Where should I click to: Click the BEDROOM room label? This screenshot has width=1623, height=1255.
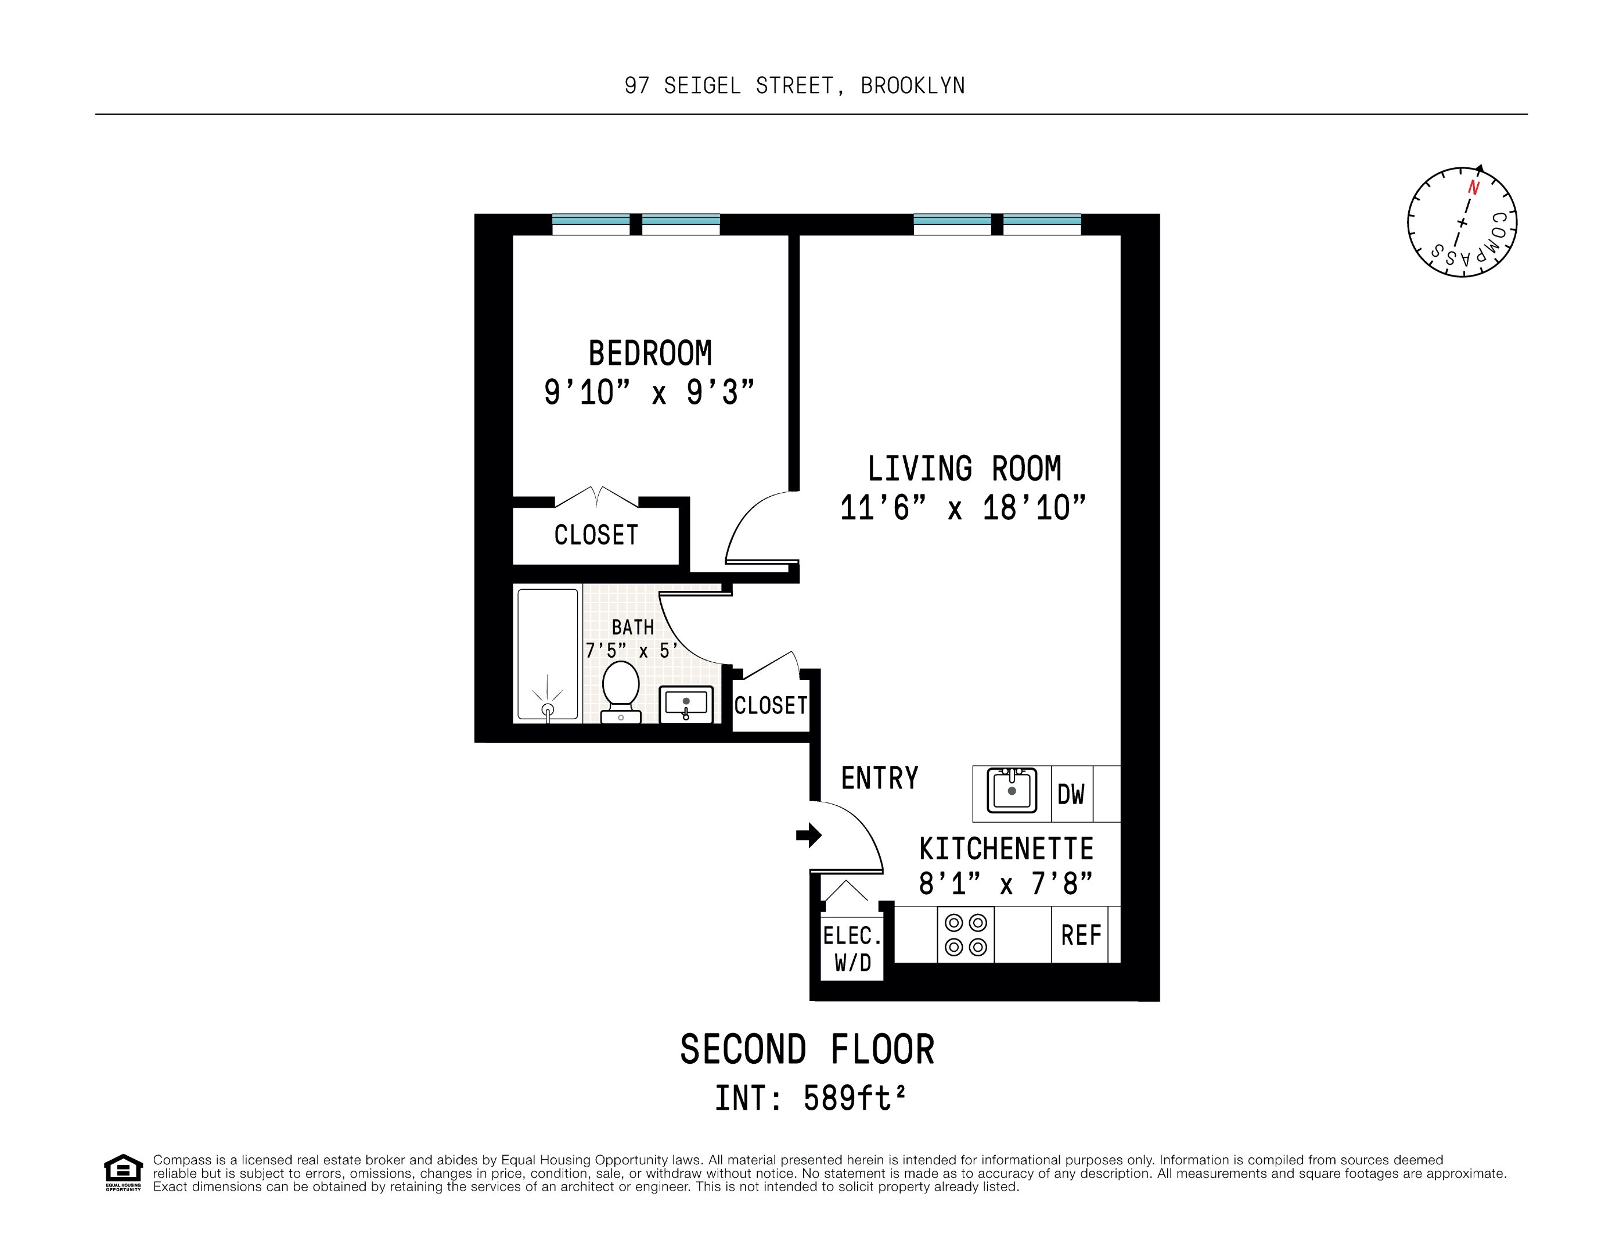(x=650, y=353)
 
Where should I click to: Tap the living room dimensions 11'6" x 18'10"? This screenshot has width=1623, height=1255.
(x=962, y=508)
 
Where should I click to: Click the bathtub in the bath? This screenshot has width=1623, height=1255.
(x=548, y=654)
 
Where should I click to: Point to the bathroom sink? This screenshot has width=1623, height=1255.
(x=686, y=704)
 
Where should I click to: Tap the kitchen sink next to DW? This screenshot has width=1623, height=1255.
(x=1012, y=790)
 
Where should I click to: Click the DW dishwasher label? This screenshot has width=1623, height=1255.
(x=1071, y=794)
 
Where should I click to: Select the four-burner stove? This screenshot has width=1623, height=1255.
(x=965, y=934)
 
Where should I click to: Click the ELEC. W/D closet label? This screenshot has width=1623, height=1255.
(x=852, y=949)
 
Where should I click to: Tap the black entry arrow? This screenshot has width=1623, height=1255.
(x=808, y=835)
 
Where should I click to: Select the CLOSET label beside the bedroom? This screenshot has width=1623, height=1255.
(x=596, y=535)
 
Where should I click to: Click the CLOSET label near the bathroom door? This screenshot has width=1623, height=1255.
(x=771, y=705)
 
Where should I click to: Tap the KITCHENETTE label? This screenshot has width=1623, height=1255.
(x=1006, y=848)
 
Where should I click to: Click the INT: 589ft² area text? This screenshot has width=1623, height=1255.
(x=810, y=1098)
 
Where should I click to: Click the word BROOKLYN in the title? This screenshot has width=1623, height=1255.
(x=913, y=86)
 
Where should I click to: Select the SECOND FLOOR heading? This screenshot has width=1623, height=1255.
(x=807, y=1049)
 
